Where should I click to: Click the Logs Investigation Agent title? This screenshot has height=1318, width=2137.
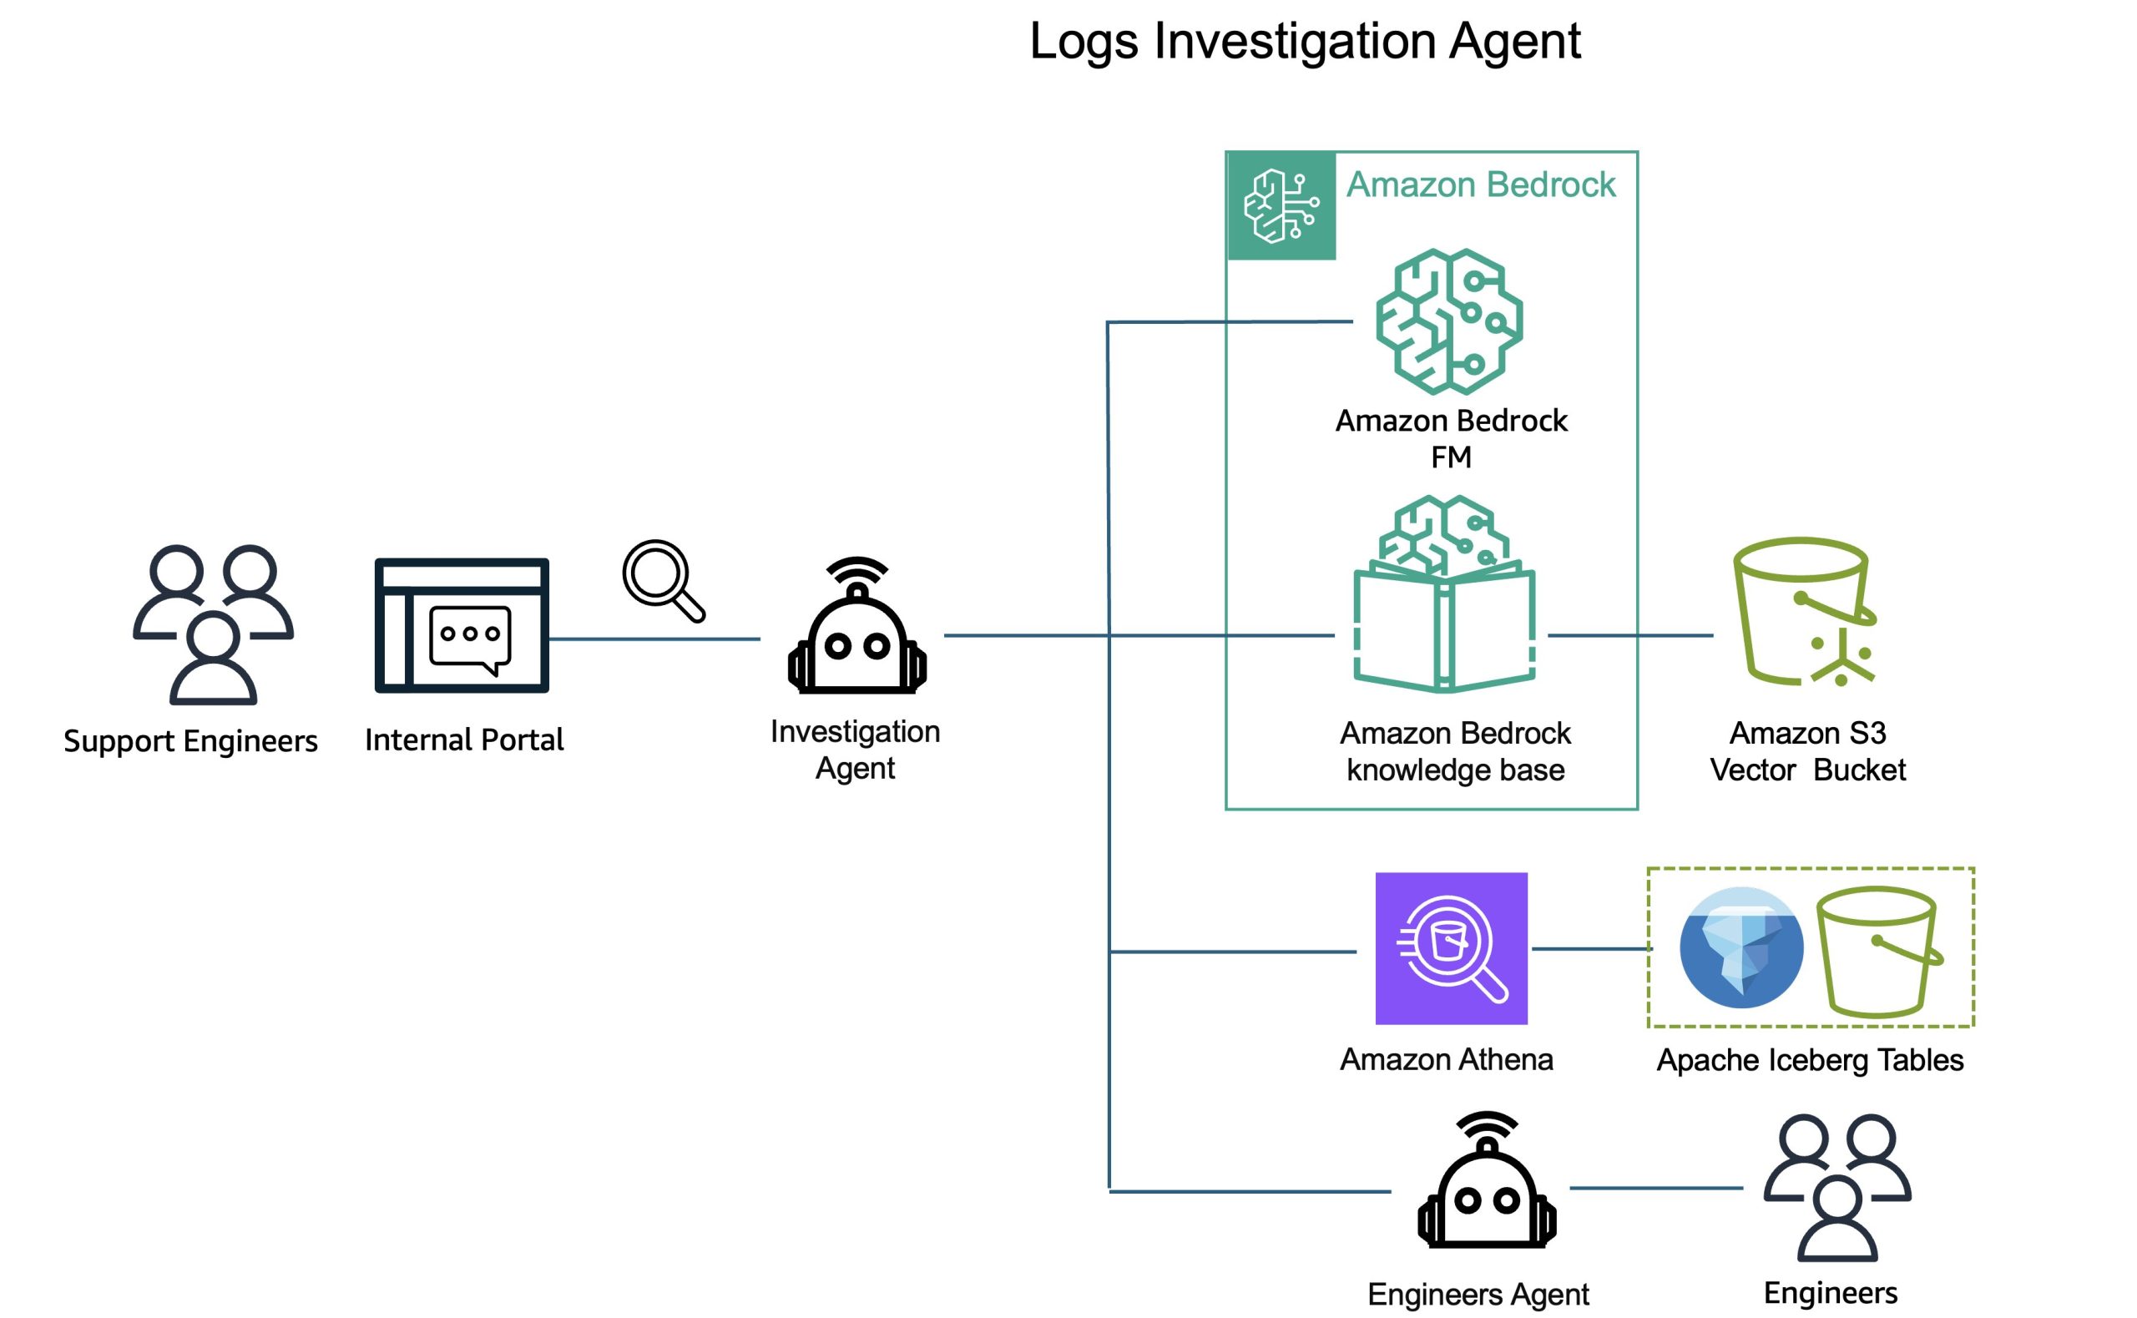tap(1305, 41)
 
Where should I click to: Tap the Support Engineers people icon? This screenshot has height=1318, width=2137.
tap(213, 624)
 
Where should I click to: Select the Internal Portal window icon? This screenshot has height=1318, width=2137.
tap(462, 626)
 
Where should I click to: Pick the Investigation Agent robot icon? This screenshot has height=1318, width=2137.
tap(856, 627)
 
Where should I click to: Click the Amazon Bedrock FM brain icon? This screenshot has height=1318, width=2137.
tap(1449, 321)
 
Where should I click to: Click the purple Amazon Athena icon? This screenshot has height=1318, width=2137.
tap(1451, 948)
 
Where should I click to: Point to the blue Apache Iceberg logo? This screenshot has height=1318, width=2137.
tap(1740, 948)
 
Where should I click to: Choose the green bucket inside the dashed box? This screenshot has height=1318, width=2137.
tap(1878, 952)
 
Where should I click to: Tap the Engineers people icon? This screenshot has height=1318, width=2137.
tap(1837, 1187)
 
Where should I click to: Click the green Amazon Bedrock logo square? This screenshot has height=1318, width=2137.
tap(1281, 205)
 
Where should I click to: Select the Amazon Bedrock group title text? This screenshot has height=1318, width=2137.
tap(1481, 184)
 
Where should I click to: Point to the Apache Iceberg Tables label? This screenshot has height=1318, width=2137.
tap(1809, 1060)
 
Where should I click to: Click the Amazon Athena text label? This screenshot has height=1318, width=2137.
tap(1446, 1059)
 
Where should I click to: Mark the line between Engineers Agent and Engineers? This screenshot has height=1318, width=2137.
tap(1656, 1188)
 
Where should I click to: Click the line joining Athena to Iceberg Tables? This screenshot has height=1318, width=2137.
tap(1589, 948)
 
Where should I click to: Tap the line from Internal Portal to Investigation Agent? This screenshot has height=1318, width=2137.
tap(654, 639)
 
